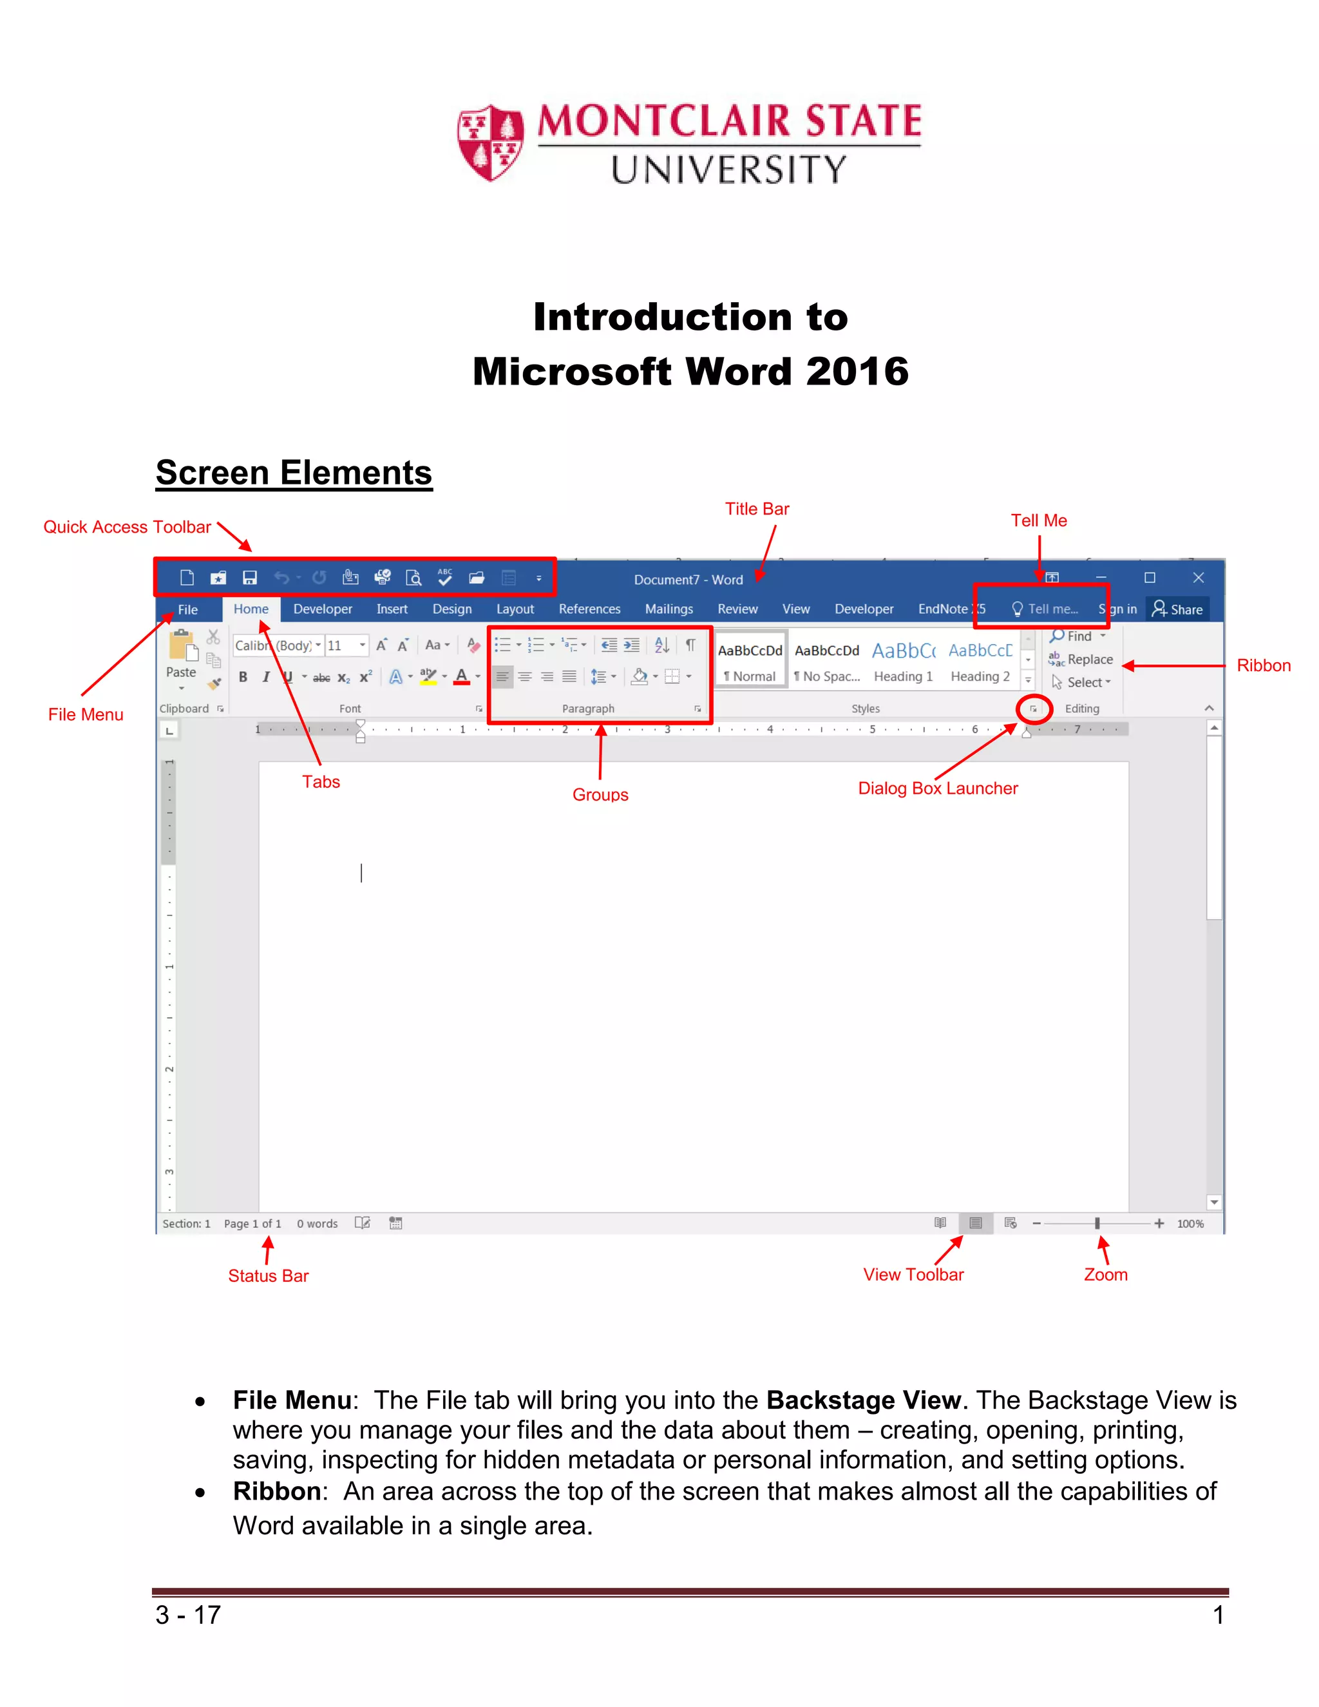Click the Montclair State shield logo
[x=490, y=142]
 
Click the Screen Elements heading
[x=293, y=473]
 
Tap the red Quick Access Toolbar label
[x=127, y=527]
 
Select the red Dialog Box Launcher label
[x=937, y=788]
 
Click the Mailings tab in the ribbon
[x=668, y=609]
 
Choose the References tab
[x=589, y=609]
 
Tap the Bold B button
[x=243, y=677]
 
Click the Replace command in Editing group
[x=1088, y=659]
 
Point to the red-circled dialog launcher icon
[x=1033, y=709]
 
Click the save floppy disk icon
[x=250, y=578]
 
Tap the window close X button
[x=1198, y=578]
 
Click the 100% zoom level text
[x=1190, y=1223]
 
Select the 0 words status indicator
[x=316, y=1223]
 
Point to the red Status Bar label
[x=268, y=1275]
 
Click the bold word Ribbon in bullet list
[x=276, y=1491]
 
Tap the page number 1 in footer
[x=1217, y=1614]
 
